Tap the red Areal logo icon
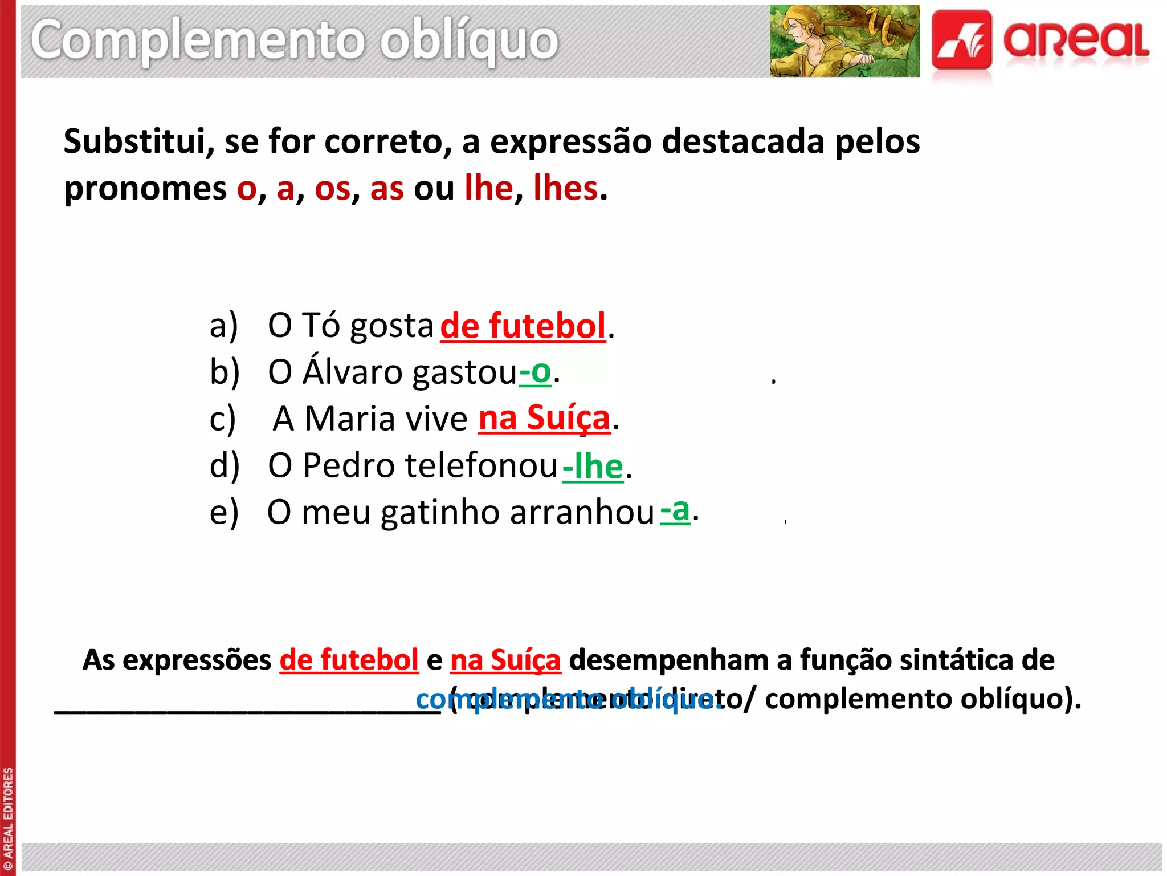coord(962,41)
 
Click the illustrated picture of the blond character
coord(844,41)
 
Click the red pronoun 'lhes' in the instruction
coord(566,188)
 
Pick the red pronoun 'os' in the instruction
coord(332,188)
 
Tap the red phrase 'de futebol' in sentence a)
coord(523,326)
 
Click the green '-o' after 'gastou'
coord(535,372)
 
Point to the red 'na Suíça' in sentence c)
coord(544,418)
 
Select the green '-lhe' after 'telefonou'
coord(593,466)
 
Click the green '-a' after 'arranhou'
coord(675,510)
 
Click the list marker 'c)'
coord(223,419)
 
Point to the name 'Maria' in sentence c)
coord(349,419)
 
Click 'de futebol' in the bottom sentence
coord(349,660)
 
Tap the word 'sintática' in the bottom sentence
coord(957,660)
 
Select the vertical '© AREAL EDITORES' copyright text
coord(8,819)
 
